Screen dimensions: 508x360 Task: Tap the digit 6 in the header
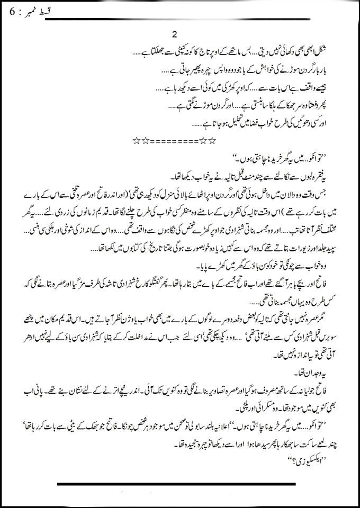(x=13, y=11)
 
